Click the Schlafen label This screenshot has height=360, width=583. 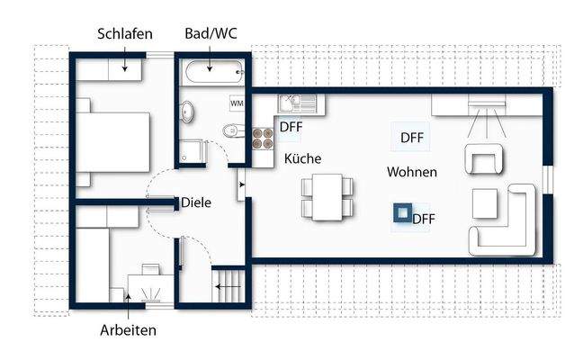pos(125,34)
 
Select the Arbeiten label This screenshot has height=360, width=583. pos(128,330)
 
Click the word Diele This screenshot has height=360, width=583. pos(196,202)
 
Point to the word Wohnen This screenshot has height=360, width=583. pos(413,172)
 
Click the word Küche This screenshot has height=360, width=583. pos(303,158)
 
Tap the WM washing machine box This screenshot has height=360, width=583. pos(238,103)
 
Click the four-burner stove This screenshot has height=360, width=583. pos(263,138)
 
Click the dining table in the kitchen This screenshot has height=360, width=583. pos(322,196)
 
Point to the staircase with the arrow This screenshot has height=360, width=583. pos(229,287)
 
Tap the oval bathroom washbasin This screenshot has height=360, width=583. pos(188,112)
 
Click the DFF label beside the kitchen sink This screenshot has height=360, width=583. pos(291,127)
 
